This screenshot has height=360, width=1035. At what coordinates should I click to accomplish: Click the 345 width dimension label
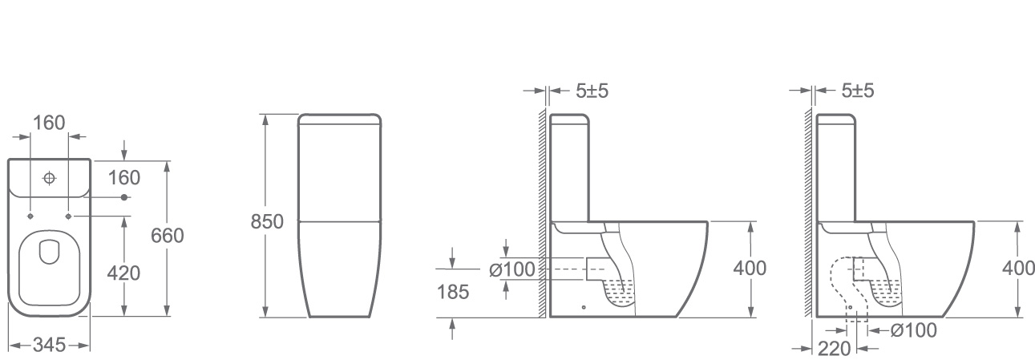50,345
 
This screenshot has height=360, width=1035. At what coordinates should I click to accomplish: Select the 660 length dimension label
168,236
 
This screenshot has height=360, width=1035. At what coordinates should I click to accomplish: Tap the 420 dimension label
123,273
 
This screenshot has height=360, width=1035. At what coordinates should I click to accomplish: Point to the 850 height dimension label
267,222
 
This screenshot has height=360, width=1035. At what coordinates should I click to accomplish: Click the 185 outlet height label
453,292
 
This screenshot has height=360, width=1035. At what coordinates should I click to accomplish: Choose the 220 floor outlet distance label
834,349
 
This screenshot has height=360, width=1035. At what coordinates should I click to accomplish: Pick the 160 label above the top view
49,123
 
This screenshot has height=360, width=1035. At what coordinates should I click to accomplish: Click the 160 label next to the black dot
123,178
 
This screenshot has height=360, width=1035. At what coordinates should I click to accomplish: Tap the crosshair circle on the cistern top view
49,178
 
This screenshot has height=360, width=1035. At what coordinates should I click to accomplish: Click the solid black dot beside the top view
123,198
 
